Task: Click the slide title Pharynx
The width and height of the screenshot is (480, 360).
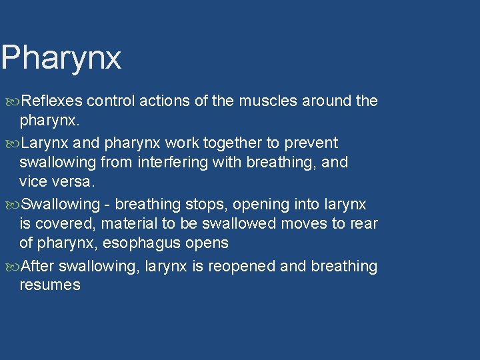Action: (61, 59)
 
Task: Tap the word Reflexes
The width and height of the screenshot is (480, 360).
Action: (52, 101)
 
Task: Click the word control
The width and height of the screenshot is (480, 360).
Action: (110, 101)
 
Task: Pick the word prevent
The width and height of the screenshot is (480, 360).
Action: (313, 143)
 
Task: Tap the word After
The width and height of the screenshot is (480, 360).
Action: (38, 267)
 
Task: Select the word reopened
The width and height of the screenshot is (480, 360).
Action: (245, 267)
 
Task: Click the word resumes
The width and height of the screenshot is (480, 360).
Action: (50, 285)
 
